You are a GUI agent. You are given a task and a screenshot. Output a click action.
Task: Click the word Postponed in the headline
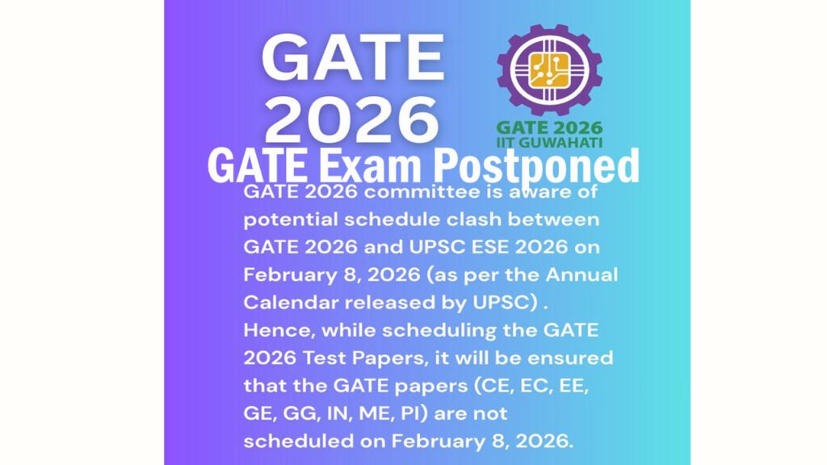pos(536,166)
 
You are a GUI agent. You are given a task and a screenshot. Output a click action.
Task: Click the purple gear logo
pos(549,70)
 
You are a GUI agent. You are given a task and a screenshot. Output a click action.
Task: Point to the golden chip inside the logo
pos(549,69)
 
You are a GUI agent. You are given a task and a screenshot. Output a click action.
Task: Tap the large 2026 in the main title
pos(352,121)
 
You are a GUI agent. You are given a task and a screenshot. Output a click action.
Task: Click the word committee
pos(422,191)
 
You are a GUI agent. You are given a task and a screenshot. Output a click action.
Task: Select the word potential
pos(290,220)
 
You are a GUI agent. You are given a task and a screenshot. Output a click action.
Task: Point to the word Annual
pos(581,274)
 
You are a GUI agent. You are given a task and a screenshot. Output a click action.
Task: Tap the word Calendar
pos(291,302)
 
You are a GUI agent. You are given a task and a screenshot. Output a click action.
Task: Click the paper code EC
pos(536,387)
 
